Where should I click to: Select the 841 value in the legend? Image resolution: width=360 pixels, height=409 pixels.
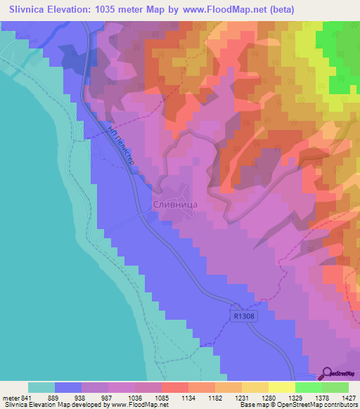pos(27,398)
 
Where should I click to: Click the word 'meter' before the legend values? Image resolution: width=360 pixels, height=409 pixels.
pos(9,398)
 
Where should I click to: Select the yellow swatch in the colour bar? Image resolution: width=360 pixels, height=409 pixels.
pos(281,387)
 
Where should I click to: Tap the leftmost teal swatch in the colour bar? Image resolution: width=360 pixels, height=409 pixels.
pos(41,387)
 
